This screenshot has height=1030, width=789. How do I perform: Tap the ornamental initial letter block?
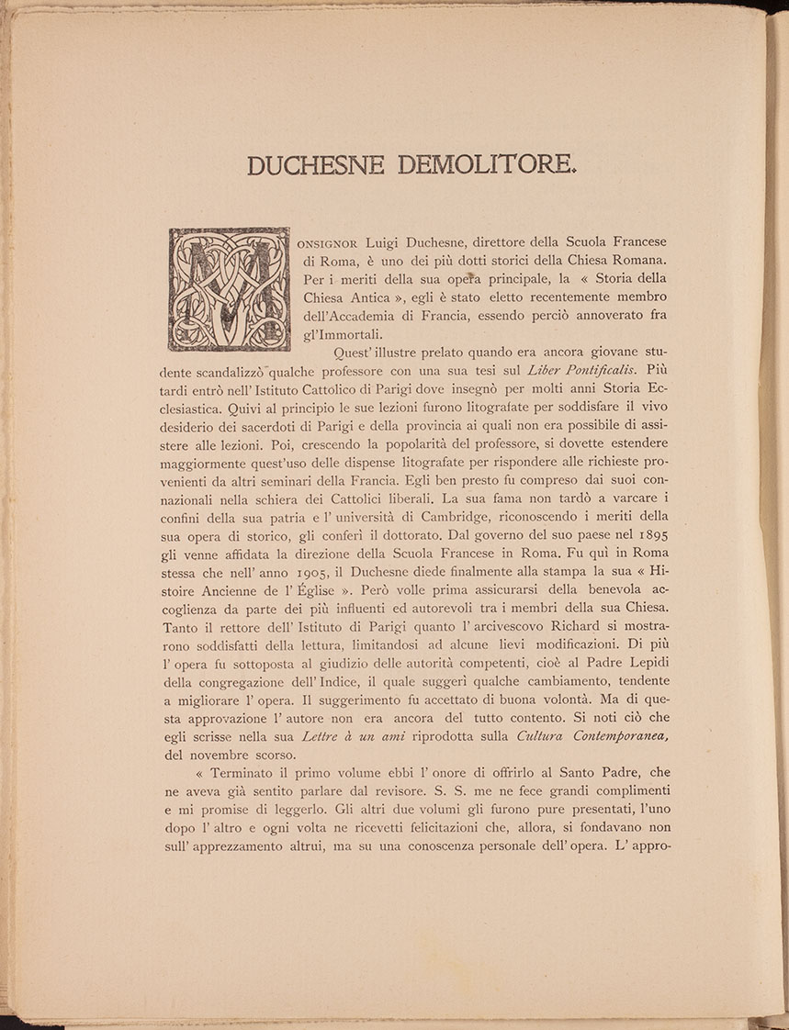tap(229, 290)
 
